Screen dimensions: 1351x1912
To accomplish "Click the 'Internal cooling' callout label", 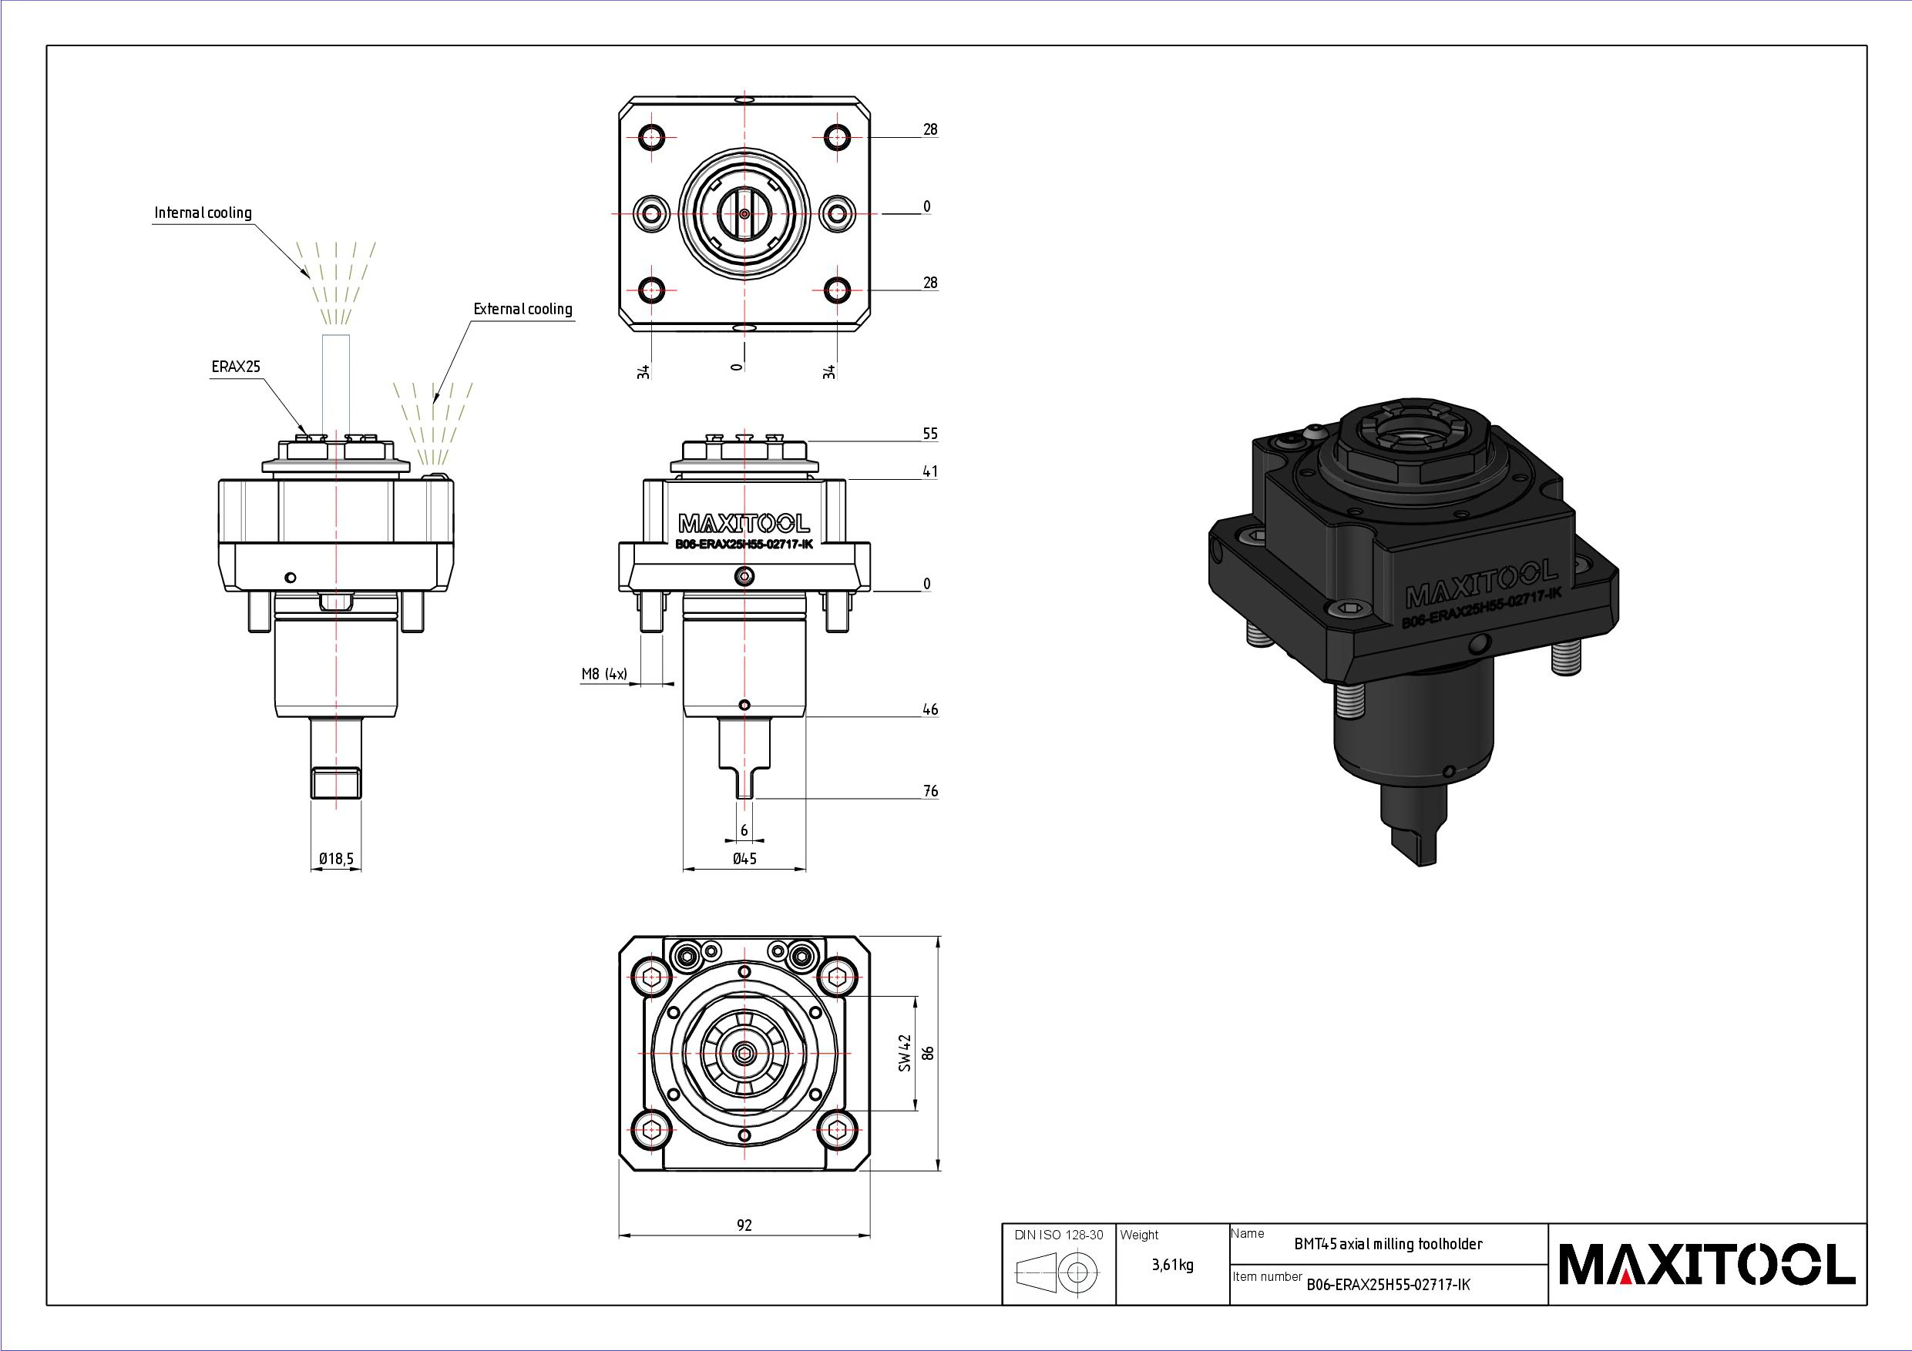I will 203,213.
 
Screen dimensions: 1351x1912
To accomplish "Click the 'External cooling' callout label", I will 523,310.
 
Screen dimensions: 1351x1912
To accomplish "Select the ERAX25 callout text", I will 236,367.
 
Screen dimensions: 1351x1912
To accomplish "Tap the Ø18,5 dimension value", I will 337,858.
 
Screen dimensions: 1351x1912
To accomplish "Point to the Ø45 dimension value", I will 744,858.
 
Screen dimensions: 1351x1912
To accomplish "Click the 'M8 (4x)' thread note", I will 604,673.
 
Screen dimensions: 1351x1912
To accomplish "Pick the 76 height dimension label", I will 930,791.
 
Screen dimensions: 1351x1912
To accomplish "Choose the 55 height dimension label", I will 930,434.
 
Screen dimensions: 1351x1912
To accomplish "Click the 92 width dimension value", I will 744,1225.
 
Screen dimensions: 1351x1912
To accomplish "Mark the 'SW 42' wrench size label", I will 906,1053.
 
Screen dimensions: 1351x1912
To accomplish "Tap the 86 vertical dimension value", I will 929,1053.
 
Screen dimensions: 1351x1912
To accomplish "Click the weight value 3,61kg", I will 1172,1266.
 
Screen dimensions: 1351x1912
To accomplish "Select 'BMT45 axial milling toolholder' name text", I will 1388,1245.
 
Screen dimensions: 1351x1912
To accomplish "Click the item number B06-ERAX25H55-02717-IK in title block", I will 1388,1285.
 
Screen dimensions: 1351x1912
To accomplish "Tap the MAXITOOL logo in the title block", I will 1707,1265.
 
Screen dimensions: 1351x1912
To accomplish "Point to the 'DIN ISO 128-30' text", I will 1058,1235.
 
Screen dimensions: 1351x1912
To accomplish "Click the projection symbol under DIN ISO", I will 1057,1272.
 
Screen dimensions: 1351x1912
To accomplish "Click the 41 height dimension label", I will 930,472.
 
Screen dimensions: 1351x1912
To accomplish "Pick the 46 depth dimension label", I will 930,709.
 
